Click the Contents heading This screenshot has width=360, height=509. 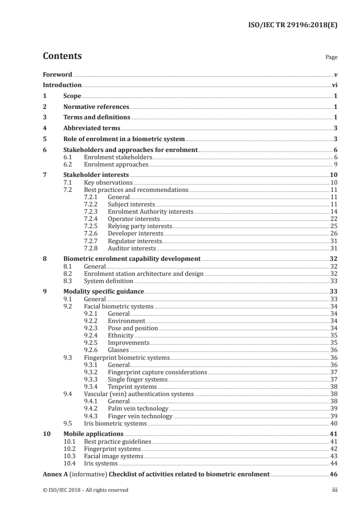pyautogui.click(x=62, y=56)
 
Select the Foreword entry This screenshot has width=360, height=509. pyautogui.click(x=57, y=74)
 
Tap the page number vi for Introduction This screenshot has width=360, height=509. pyautogui.click(x=334, y=85)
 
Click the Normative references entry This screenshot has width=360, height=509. pyautogui.click(x=96, y=107)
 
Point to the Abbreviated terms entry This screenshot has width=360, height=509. pyautogui.click(x=92, y=128)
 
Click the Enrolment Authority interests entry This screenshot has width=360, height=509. pyautogui.click(x=150, y=212)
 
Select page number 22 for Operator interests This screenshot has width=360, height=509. pyautogui.click(x=334, y=219)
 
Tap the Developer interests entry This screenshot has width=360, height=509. pyautogui.click(x=135, y=234)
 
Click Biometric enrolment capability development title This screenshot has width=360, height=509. pyautogui.click(x=132, y=259)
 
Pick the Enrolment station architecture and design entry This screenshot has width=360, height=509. pyautogui.click(x=143, y=274)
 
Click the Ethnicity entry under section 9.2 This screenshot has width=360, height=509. pyautogui.click(x=120, y=336)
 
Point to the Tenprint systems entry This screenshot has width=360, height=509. pyautogui.click(x=132, y=387)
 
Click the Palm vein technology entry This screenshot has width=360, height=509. pyautogui.click(x=138, y=409)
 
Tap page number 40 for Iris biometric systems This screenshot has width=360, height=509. pyautogui.click(x=334, y=424)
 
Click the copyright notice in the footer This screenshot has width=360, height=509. pyautogui.click(x=86, y=490)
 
